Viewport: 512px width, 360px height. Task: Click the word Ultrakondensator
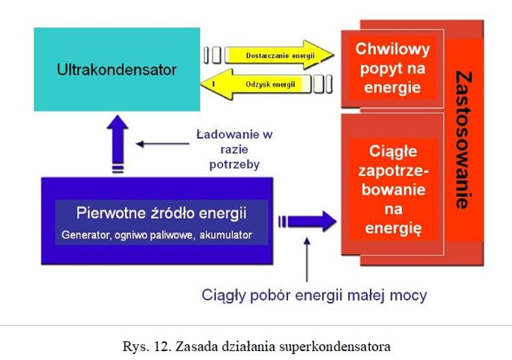[x=117, y=70]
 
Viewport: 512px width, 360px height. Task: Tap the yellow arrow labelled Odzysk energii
[x=266, y=84]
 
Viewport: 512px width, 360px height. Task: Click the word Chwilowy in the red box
[x=393, y=49]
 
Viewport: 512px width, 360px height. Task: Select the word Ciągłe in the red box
[x=392, y=150]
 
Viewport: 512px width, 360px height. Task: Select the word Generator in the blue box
[x=86, y=235]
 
